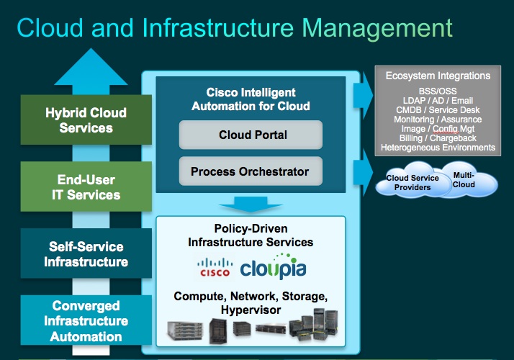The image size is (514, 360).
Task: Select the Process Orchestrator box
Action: [249, 171]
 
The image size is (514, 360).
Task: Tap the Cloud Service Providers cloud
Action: [408, 182]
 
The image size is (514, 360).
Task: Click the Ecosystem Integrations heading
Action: [438, 76]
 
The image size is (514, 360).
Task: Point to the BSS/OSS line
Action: [438, 91]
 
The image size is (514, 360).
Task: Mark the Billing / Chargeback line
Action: [438, 138]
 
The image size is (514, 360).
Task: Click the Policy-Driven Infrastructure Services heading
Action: [250, 235]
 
